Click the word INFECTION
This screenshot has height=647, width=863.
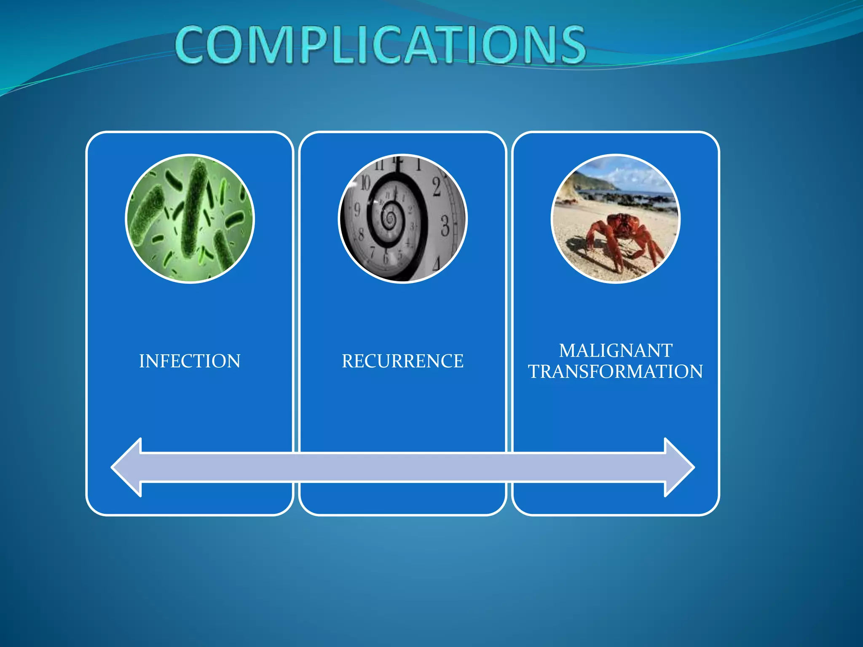[x=190, y=361]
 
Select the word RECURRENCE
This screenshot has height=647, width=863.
[x=402, y=361]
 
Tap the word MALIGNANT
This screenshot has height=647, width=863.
[x=616, y=351]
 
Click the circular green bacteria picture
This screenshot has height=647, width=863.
[x=190, y=219]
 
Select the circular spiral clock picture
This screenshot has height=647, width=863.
[x=403, y=219]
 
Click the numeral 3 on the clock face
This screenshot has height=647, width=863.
[x=445, y=226]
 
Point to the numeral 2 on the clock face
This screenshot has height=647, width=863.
[x=437, y=187]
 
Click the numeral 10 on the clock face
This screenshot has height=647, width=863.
[x=365, y=183]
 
